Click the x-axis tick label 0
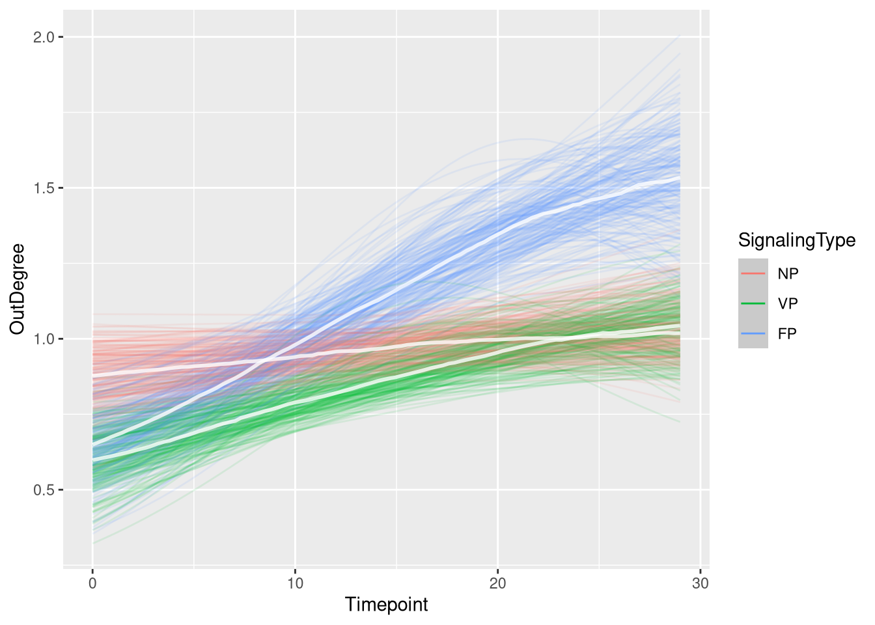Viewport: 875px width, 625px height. pos(92,583)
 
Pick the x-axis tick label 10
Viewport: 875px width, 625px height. pos(295,583)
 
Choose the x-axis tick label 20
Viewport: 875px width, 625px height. pos(497,583)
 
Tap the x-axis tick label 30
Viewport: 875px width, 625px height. pos(700,583)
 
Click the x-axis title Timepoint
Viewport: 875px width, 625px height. pos(387,605)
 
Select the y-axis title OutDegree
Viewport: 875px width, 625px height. pos(18,288)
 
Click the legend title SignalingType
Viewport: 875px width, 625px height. pos(796,240)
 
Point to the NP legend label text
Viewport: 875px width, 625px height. pos(788,273)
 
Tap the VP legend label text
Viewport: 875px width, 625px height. pos(788,303)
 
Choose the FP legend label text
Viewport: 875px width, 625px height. pos(787,333)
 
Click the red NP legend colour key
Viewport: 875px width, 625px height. pos(753,273)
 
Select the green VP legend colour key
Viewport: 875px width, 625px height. pos(753,303)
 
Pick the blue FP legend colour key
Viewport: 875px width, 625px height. pos(753,333)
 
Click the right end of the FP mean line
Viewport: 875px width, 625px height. pos(680,178)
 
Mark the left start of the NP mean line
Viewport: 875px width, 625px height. pos(93,376)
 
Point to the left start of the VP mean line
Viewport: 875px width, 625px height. pos(93,460)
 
